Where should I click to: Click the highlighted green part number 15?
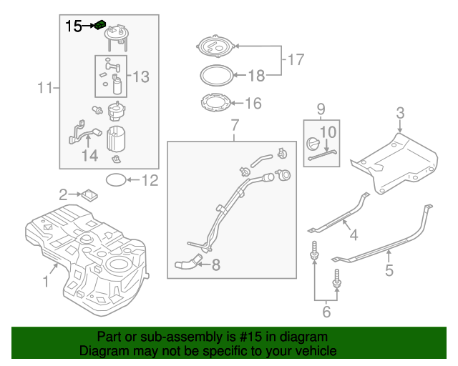tap(101, 26)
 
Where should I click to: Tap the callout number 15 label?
tap(74, 26)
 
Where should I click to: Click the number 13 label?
tap(140, 76)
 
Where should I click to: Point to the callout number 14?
tap(89, 155)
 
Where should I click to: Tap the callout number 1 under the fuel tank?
tap(46, 282)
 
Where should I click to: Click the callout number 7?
tap(233, 127)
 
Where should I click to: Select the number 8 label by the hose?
tap(215, 265)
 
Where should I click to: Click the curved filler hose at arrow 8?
tap(187, 264)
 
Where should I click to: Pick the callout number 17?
tap(296, 59)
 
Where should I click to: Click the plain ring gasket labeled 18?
tap(215, 74)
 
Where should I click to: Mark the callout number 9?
tap(321, 109)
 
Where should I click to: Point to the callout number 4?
tap(353, 234)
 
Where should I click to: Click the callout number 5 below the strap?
tap(389, 270)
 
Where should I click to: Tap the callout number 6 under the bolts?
tap(326, 311)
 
